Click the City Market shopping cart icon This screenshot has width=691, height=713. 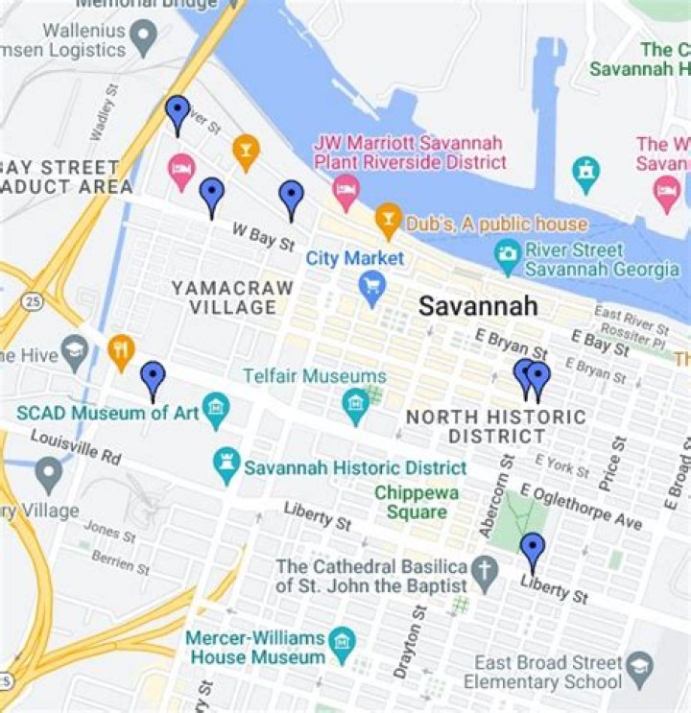(371, 285)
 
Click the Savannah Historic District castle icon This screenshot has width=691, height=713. (226, 467)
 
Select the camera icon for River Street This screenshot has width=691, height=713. (507, 255)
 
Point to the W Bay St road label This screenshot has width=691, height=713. (261, 237)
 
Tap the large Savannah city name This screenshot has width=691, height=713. (477, 307)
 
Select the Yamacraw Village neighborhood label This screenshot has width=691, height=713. (224, 297)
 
